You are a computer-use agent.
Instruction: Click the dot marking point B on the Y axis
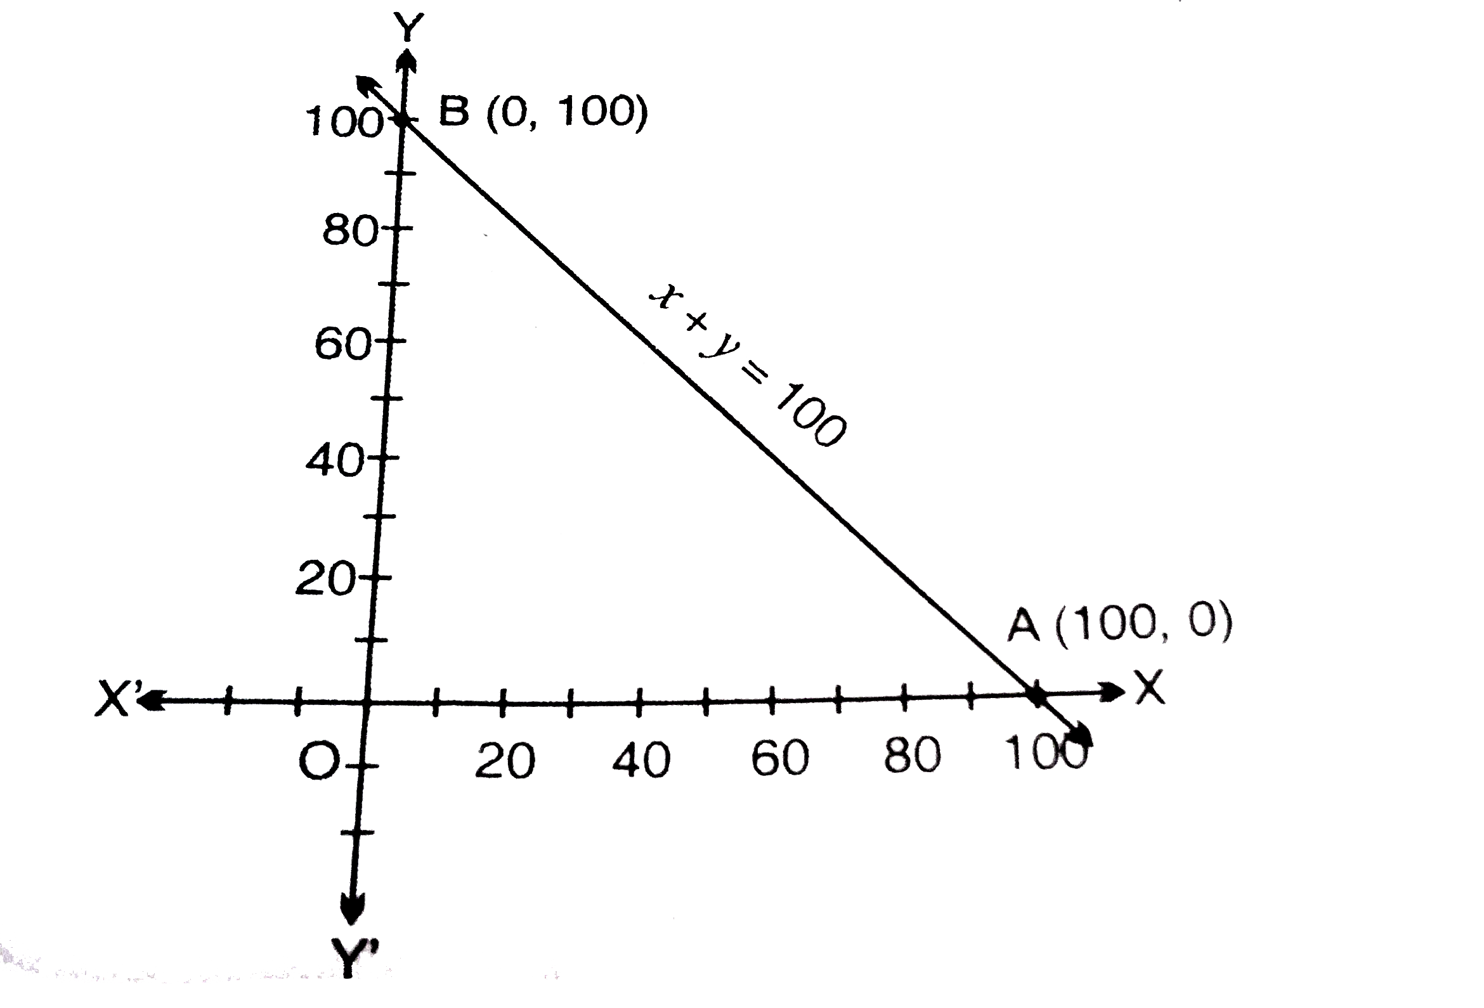pos(401,119)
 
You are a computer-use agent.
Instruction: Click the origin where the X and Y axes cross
pos(367,703)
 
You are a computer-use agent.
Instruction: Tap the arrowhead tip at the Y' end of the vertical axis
pos(352,924)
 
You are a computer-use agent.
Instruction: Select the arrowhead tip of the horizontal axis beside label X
pos(1125,690)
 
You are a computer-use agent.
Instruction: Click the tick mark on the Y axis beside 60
pos(389,341)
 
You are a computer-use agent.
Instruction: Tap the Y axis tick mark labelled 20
pos(375,578)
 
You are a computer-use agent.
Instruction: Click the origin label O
pos(318,762)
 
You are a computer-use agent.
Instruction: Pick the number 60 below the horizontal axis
pos(779,758)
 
